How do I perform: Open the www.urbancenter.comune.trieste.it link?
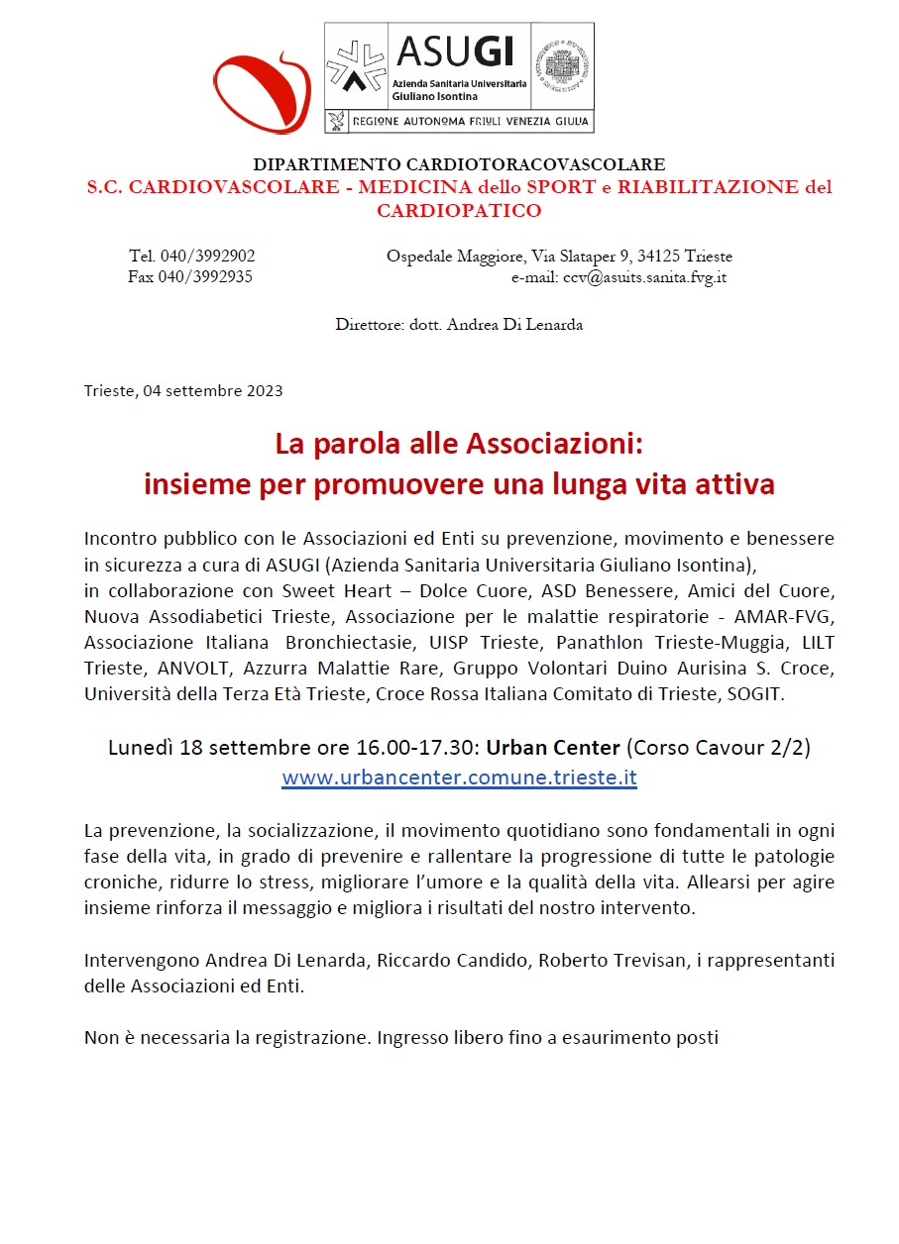click(x=459, y=777)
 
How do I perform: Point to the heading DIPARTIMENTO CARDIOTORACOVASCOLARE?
click(x=459, y=164)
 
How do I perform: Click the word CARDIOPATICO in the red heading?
click(x=459, y=210)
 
